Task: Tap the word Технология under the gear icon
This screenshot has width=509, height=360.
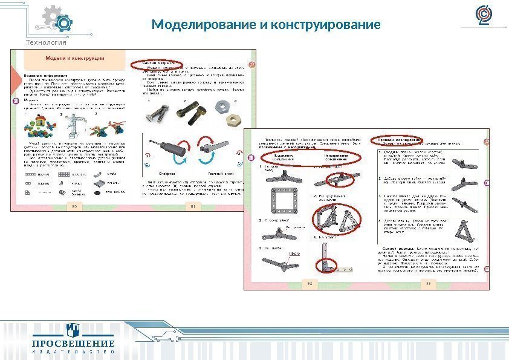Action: pos(46,42)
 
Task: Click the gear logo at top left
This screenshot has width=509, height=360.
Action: pos(59,21)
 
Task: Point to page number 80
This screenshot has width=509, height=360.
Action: pos(76,206)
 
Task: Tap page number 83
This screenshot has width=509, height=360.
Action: pos(428,282)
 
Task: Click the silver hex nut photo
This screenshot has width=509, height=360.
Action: pos(222,107)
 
